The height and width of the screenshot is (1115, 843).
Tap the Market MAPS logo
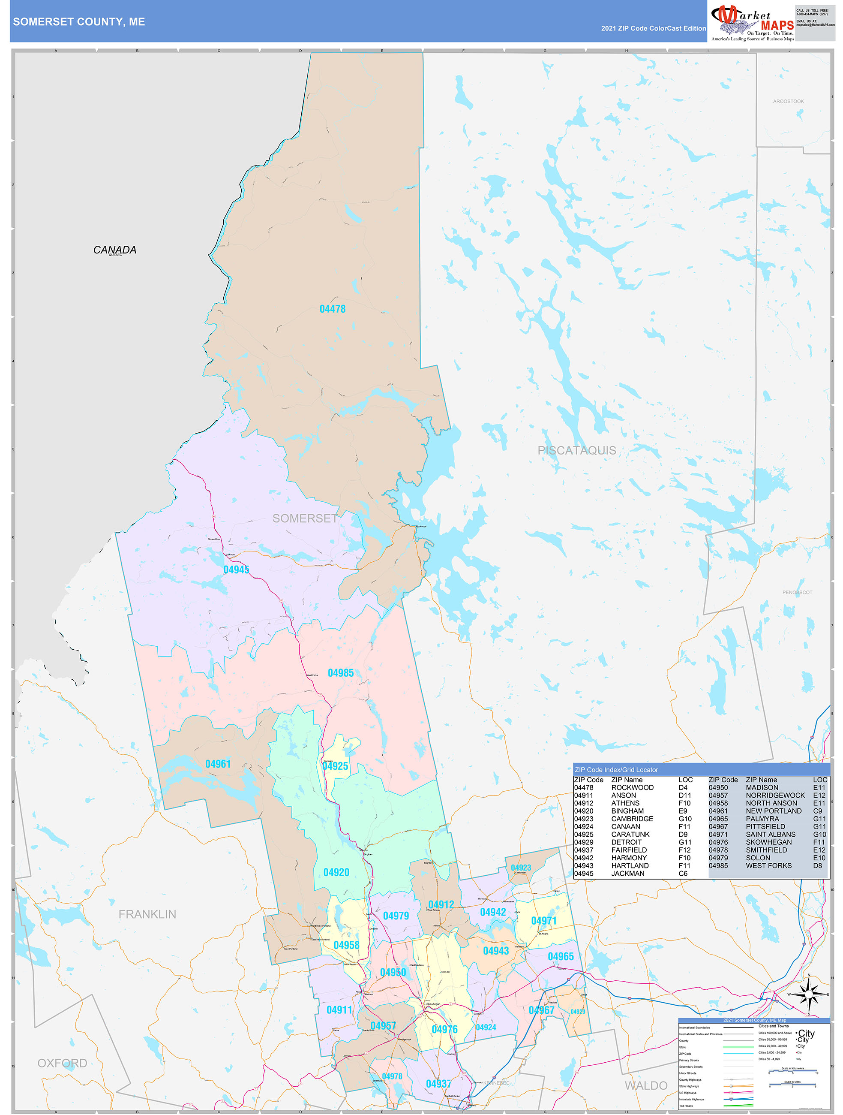(752, 23)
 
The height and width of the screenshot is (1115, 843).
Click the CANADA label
(114, 250)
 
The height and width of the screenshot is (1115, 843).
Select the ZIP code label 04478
(333, 309)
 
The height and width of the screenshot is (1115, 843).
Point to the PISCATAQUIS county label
(576, 451)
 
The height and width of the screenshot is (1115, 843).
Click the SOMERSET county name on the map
(305, 518)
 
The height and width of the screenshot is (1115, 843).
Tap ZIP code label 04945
(236, 570)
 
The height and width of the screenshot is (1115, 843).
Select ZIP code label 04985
(341, 673)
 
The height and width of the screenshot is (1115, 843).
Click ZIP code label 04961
(218, 764)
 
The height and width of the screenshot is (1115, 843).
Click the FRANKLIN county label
(147, 914)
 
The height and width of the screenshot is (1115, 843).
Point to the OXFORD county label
(62, 1063)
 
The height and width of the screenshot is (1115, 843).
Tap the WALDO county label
(646, 1085)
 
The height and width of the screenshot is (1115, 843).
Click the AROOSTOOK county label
(788, 101)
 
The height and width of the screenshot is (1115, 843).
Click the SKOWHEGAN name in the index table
(768, 842)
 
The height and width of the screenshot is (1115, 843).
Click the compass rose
(809, 995)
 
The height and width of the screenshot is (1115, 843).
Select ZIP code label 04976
(444, 1029)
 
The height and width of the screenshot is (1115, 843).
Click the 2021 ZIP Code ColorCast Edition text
(653, 28)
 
